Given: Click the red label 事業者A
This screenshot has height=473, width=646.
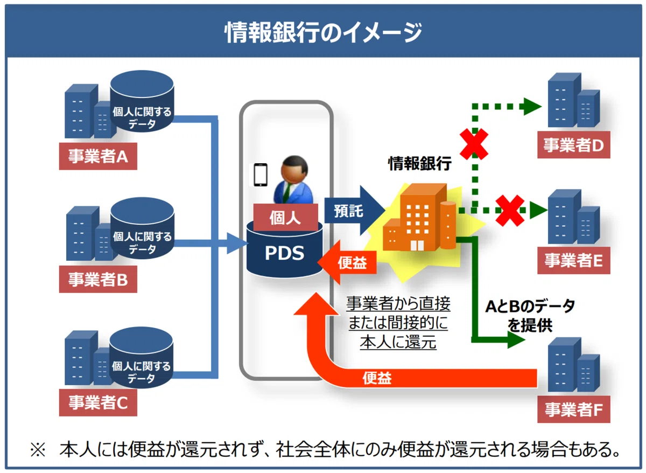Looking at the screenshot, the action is tap(98, 156).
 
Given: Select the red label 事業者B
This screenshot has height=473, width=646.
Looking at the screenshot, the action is tap(98, 279).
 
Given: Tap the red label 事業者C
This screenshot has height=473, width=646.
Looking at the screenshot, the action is tap(98, 402).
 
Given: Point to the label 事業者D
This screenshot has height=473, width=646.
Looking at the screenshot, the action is tap(574, 144).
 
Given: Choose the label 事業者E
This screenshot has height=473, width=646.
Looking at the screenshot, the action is tap(574, 260).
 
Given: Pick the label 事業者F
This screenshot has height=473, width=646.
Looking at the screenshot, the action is tap(574, 409).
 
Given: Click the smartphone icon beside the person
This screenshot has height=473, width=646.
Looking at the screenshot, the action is tap(261, 175).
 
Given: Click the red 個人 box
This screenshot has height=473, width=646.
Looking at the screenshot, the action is tap(285, 217).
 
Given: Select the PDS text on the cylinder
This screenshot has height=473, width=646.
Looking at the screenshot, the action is tap(284, 253).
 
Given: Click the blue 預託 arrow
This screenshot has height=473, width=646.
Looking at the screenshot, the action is tap(355, 211).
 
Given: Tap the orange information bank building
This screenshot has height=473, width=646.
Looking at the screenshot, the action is tap(419, 217).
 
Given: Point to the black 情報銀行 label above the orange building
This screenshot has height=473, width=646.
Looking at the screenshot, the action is tap(419, 163).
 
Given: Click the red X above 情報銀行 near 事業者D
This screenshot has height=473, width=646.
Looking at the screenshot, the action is tap(474, 144).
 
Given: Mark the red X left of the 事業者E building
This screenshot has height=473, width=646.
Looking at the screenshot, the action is tap(510, 211).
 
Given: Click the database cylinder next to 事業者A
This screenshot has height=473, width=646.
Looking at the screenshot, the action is tap(142, 101).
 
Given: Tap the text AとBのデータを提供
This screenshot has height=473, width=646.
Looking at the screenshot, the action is tap(530, 316).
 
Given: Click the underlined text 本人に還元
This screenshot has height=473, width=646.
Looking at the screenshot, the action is tap(398, 342).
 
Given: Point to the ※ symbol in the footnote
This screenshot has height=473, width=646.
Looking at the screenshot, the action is tap(38, 450).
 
